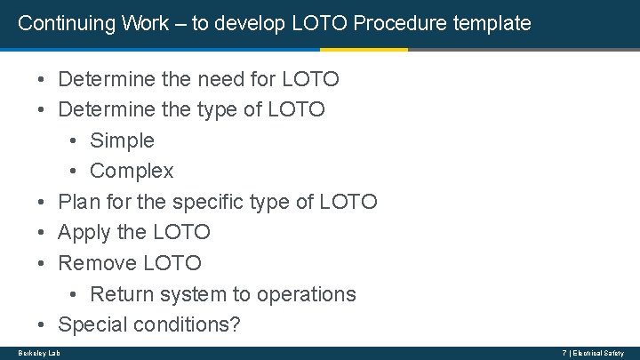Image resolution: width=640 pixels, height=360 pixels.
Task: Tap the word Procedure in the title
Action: (402, 23)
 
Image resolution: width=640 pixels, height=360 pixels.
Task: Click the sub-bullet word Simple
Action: (122, 140)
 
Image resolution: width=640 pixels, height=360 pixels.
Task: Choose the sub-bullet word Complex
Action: (132, 171)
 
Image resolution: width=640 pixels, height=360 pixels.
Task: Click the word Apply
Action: (84, 232)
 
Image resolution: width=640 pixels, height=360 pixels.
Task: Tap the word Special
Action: (93, 324)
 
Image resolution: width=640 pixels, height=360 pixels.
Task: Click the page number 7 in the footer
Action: (564, 353)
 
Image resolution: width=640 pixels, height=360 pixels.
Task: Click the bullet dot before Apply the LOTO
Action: (42, 233)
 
